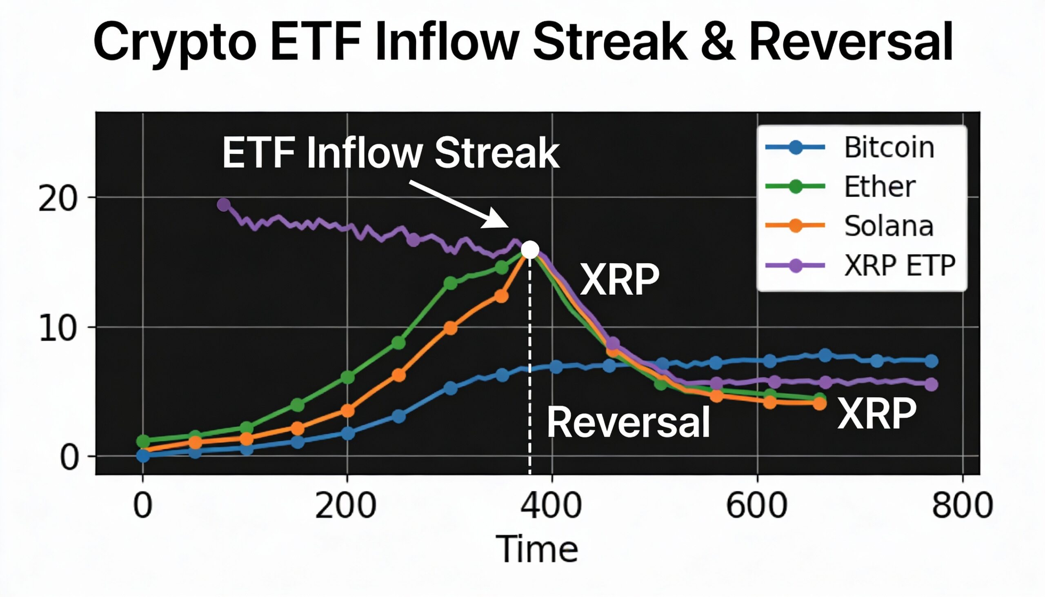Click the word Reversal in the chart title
pos(851,42)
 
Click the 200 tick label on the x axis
pos(345,506)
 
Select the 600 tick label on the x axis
pos(756,506)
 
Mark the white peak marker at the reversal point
pos(530,250)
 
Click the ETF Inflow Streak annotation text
pos(390,153)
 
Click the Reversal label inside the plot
pos(628,423)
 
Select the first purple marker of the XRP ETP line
pos(224,204)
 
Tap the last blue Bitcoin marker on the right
pos(932,361)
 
